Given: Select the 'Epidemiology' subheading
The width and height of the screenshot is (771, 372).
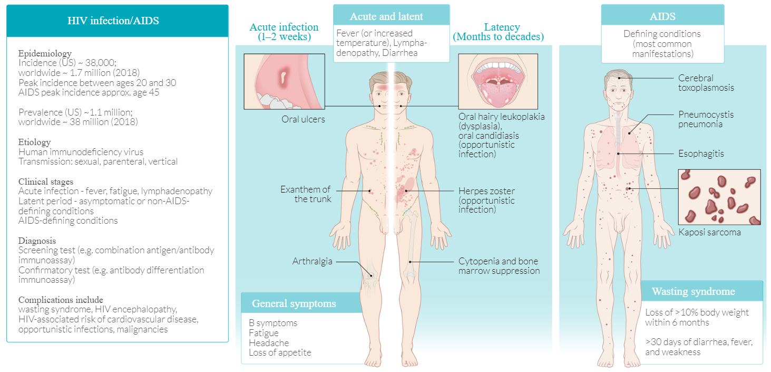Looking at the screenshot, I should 45,53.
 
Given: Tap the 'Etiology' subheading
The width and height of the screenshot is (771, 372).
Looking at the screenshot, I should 35,142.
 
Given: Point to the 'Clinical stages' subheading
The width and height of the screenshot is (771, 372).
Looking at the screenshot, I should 46,182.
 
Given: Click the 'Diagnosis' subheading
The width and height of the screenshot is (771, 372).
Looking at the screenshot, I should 37,241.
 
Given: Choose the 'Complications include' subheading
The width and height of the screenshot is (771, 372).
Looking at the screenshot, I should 61,300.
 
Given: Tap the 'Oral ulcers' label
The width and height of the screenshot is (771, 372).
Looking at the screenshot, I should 303,119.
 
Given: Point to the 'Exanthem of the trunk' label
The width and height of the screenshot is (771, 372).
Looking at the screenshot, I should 306,194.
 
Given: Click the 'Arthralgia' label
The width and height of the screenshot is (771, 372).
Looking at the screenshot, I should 313,261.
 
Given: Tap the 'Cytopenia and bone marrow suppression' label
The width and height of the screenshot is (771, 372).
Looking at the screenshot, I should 499,266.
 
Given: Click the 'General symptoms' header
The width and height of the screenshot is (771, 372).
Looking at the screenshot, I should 294,303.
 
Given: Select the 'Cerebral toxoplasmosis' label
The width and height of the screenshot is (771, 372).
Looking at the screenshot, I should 706,83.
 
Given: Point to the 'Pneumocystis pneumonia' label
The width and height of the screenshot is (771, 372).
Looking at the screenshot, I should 706,119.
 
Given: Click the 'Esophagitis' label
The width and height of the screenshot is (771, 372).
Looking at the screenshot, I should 701,154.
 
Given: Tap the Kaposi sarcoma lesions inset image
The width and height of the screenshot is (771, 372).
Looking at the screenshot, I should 719,197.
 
